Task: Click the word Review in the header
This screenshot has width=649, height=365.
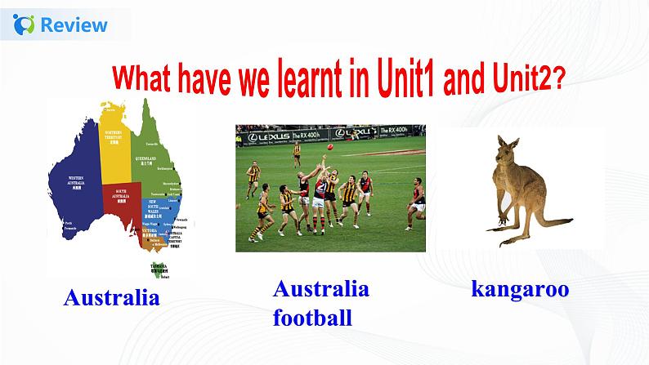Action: click(x=74, y=24)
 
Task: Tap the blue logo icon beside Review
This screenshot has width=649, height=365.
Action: click(x=25, y=24)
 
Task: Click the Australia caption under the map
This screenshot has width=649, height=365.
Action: click(x=111, y=298)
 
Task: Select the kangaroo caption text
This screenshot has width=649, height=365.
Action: click(x=520, y=289)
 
